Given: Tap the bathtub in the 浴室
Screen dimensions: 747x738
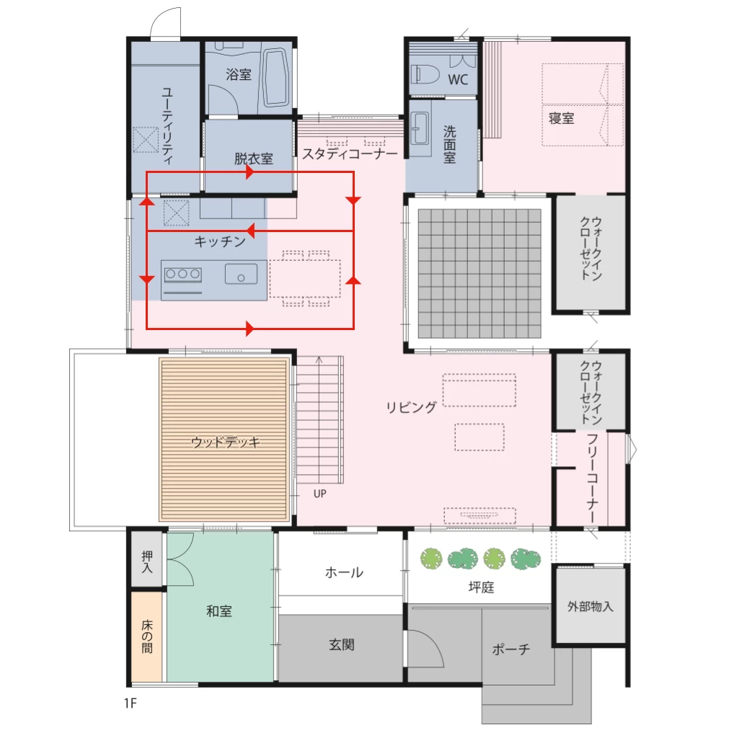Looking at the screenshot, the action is click(x=276, y=77).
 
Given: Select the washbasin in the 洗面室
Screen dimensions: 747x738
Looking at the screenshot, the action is click(x=420, y=128).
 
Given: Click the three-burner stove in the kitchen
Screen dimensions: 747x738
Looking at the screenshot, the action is click(x=182, y=275).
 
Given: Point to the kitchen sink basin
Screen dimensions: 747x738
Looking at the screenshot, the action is click(x=241, y=274).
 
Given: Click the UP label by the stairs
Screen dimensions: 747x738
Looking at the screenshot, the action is click(x=319, y=494).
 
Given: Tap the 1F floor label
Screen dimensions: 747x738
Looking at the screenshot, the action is click(x=130, y=703).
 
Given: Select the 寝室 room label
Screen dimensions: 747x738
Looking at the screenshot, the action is click(x=561, y=118).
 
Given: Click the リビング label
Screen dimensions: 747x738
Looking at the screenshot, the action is click(x=411, y=407).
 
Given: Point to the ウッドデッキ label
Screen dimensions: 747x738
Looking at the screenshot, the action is click(x=226, y=443).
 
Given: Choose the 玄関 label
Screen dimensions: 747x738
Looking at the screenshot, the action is click(x=342, y=645).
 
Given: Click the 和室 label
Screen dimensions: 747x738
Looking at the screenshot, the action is click(x=219, y=611).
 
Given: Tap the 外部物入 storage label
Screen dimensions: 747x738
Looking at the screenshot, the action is click(x=591, y=606).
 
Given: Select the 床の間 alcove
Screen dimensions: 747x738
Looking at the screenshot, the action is click(x=147, y=636).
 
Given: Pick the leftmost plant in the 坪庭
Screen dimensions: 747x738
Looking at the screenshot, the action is click(x=431, y=559).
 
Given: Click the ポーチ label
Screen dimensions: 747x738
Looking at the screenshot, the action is click(x=510, y=649).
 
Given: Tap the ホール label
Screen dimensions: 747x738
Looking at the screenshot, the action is click(x=344, y=572).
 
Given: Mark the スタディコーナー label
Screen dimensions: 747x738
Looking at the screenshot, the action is click(x=350, y=154).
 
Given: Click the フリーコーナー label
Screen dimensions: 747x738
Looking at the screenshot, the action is click(x=592, y=478).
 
